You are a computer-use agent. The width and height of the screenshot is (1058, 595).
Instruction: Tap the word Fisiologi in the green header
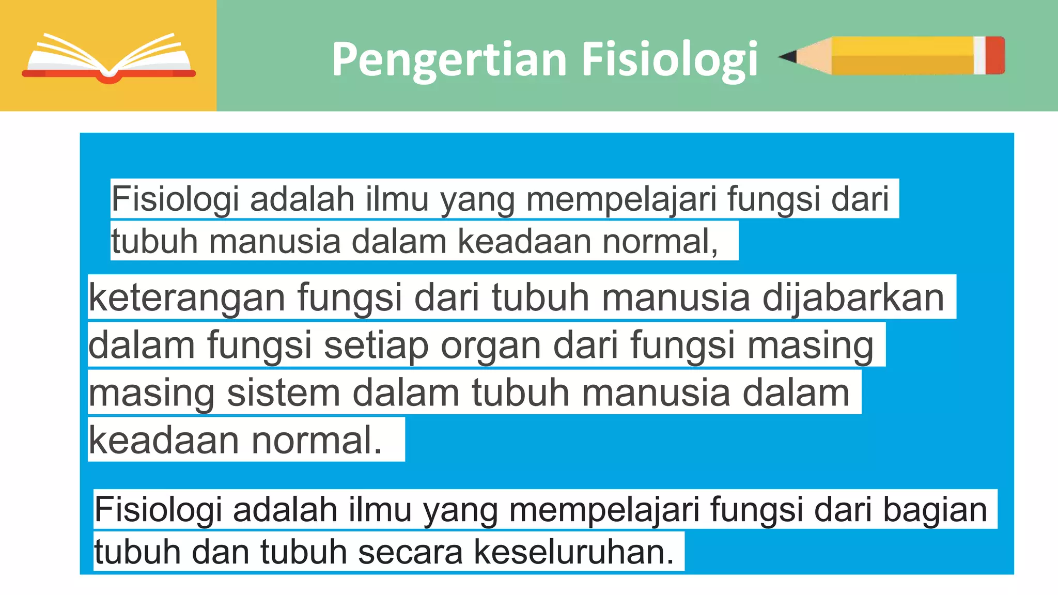(x=670, y=60)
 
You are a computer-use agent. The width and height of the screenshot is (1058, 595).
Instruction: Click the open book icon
(x=108, y=58)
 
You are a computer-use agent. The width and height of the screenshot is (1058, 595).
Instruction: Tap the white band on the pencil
(x=980, y=55)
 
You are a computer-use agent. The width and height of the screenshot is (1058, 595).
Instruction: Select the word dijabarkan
(x=853, y=298)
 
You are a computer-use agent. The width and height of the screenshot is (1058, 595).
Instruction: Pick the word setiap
(x=376, y=346)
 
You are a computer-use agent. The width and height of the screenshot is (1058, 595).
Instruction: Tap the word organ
(x=491, y=346)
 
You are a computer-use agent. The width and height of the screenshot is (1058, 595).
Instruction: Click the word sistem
(x=284, y=393)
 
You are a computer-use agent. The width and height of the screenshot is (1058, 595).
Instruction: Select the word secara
(x=410, y=552)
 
